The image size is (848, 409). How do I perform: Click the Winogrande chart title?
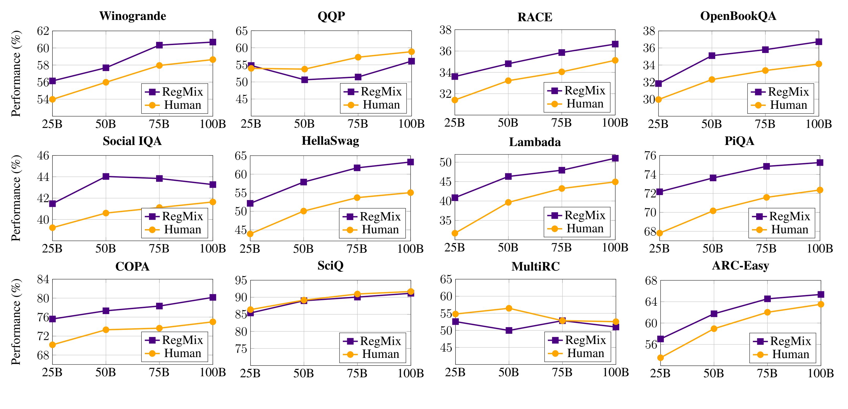coord(133,16)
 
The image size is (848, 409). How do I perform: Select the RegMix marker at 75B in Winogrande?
coord(159,45)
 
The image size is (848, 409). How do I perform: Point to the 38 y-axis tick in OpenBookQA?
coord(649,31)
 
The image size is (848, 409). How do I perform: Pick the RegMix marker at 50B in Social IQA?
coord(106,176)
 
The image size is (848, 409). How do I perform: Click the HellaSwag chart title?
coord(330,141)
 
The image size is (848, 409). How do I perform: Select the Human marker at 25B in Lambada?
coord(455,233)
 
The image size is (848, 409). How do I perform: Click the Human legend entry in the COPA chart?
coord(174,353)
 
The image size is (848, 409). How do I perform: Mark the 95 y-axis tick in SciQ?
coord(241,280)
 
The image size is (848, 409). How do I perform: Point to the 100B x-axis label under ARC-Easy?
coord(821,373)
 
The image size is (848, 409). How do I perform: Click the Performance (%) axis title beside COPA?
coord(16,322)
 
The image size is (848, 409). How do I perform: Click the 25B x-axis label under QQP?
coord(251,124)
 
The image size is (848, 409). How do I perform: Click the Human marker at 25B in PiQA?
coord(660,233)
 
